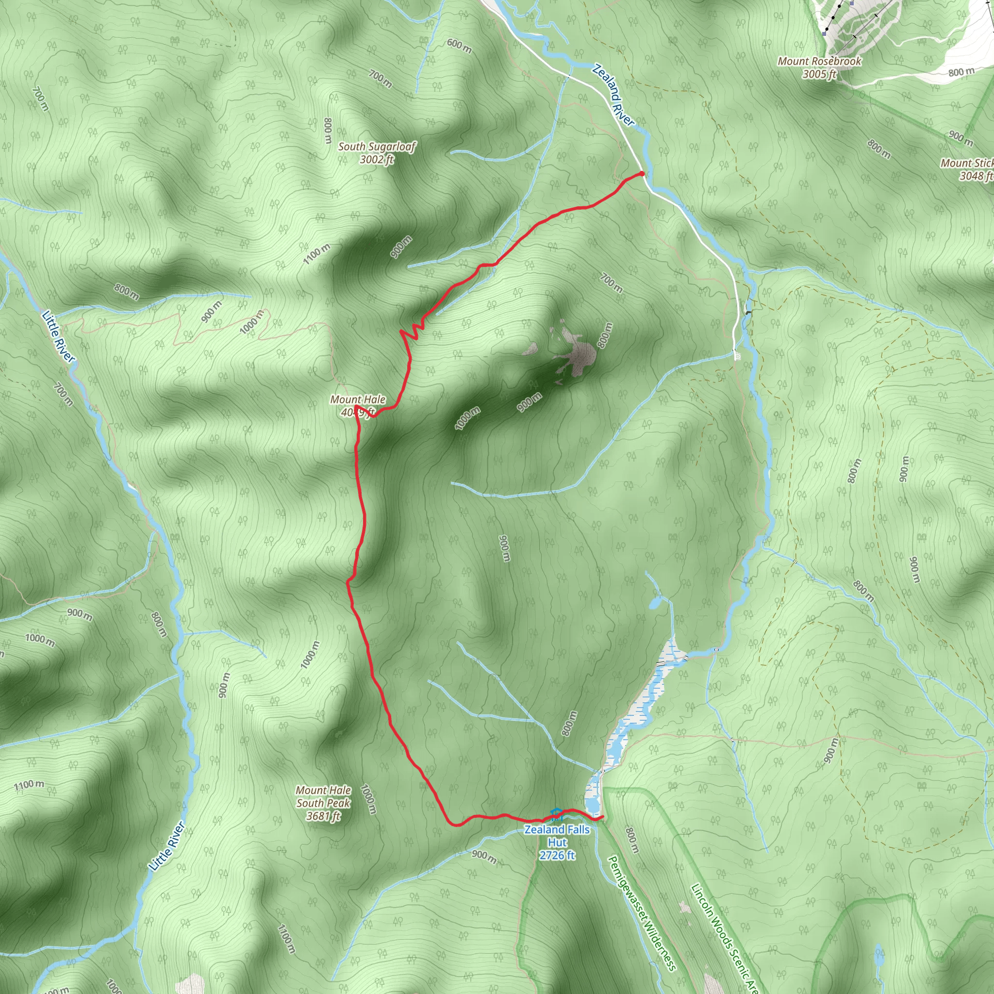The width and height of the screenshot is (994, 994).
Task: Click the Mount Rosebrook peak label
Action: pyautogui.click(x=819, y=61)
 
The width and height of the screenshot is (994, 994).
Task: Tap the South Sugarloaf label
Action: pyautogui.click(x=377, y=147)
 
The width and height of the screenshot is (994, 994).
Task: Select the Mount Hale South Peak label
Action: pyautogui.click(x=323, y=796)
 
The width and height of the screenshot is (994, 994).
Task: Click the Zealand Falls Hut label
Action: pyautogui.click(x=557, y=836)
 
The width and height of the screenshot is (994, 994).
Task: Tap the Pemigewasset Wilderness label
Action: pyautogui.click(x=642, y=913)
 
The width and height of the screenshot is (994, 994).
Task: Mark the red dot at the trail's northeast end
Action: pyautogui.click(x=642, y=173)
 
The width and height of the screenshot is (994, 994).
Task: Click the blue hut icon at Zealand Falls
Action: pyautogui.click(x=556, y=813)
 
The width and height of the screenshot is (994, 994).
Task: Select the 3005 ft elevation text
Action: pyautogui.click(x=819, y=74)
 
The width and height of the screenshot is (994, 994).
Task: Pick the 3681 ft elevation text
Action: pyautogui.click(x=323, y=816)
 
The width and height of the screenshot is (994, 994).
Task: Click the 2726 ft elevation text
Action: pyautogui.click(x=557, y=855)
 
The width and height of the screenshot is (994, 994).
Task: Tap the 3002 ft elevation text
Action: pyautogui.click(x=377, y=160)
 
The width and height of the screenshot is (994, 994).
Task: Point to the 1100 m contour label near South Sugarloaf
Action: pyautogui.click(x=316, y=254)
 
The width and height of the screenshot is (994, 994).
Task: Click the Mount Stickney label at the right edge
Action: pyautogui.click(x=967, y=163)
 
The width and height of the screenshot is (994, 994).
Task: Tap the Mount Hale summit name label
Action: pyautogui.click(x=358, y=399)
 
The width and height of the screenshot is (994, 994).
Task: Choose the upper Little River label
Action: pyautogui.click(x=59, y=336)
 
